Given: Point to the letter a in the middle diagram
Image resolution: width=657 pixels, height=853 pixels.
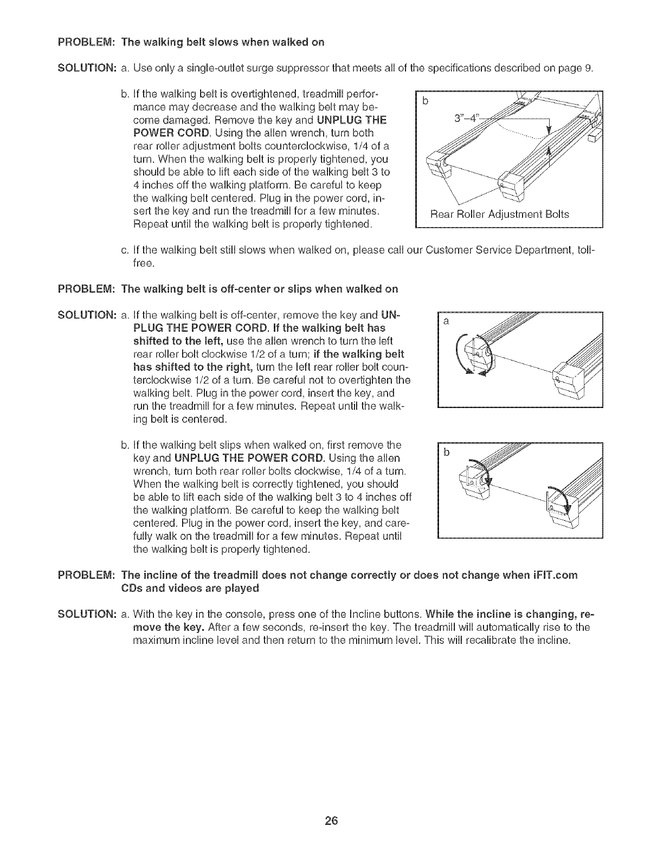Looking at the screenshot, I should pos(446,321).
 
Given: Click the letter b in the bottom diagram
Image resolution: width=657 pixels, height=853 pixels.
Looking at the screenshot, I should pos(446,453).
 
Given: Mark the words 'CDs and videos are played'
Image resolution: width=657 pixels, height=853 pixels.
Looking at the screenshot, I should pos(190,588).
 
